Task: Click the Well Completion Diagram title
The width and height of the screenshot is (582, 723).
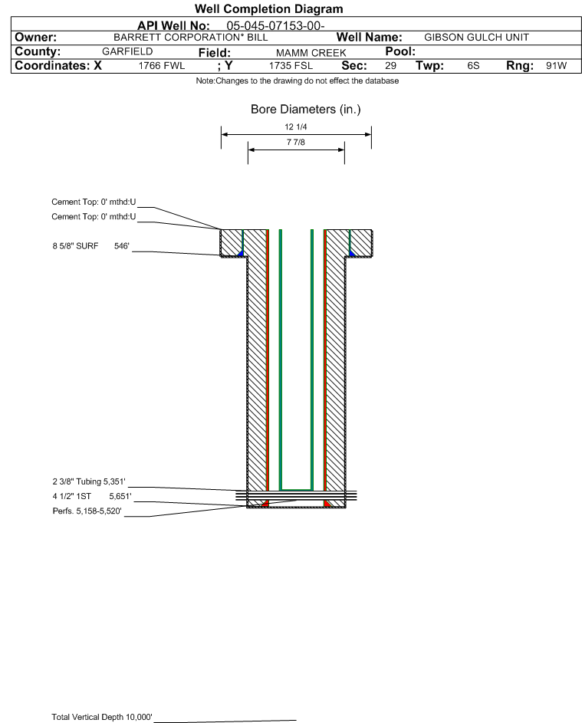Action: pos(269,8)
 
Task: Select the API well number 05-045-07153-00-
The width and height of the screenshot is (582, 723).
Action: pos(275,26)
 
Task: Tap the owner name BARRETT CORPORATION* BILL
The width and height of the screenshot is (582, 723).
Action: pos(190,38)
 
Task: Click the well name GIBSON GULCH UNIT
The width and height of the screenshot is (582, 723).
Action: pos(476,38)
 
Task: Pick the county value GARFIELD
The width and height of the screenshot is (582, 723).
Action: pos(127,51)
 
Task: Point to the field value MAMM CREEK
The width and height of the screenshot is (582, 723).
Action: pos(311,53)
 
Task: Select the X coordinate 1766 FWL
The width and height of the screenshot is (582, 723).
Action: pos(161,66)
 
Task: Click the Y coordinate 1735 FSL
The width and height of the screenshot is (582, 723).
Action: pos(291,66)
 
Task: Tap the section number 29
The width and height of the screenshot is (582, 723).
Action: pos(390,66)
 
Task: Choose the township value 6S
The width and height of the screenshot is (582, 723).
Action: pos(473,66)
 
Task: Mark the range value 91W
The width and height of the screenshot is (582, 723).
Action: pos(556,66)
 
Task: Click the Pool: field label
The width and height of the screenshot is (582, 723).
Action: pos(400,51)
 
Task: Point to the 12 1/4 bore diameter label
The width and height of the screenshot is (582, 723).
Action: pos(296,127)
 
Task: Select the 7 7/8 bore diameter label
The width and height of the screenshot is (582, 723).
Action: pos(296,142)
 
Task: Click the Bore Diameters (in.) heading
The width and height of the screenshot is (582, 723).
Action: pos(306,110)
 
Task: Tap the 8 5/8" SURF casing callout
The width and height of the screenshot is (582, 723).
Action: pos(90,246)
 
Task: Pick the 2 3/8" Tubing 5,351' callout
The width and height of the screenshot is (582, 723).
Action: pos(88,481)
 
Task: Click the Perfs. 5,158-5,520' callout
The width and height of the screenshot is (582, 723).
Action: pos(87,511)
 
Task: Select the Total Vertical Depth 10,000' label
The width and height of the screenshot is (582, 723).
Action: pos(102,717)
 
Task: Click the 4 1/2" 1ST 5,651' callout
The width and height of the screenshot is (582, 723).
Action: pos(92,497)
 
